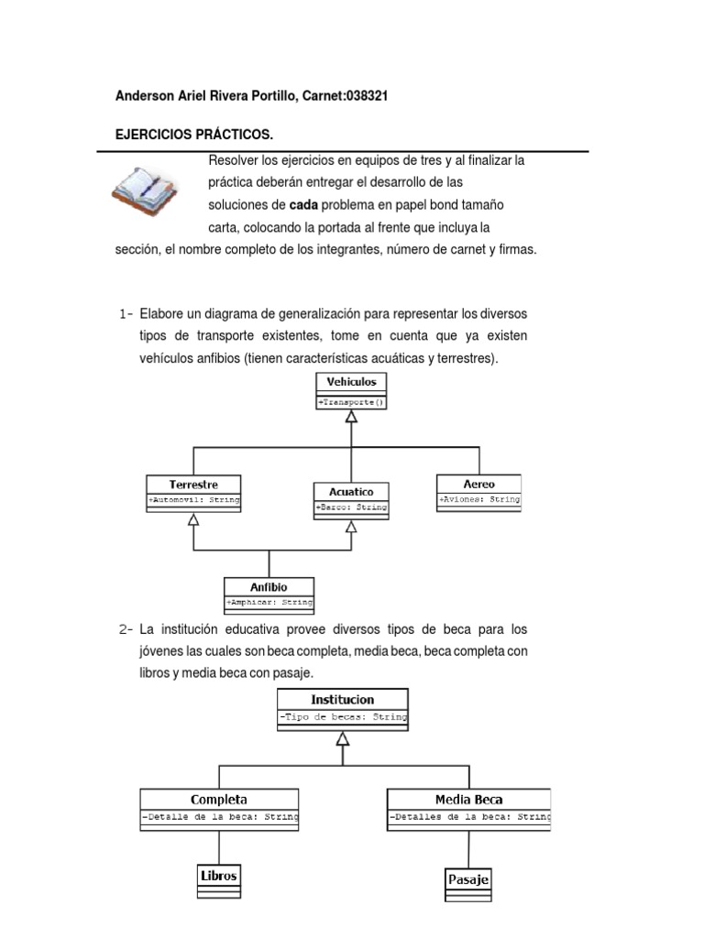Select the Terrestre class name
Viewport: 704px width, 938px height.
point(193,484)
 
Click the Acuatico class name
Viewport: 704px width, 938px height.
point(350,491)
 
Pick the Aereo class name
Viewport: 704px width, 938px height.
point(478,483)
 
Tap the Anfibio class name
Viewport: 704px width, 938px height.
point(269,586)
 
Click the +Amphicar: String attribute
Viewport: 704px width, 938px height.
point(269,603)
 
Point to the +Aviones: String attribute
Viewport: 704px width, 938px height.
point(478,500)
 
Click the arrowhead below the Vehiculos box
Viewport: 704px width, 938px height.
point(351,417)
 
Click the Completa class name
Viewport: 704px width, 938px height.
point(218,799)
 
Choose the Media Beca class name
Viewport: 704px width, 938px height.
point(469,799)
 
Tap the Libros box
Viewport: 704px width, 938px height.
point(218,876)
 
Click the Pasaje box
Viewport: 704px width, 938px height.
point(467,879)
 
